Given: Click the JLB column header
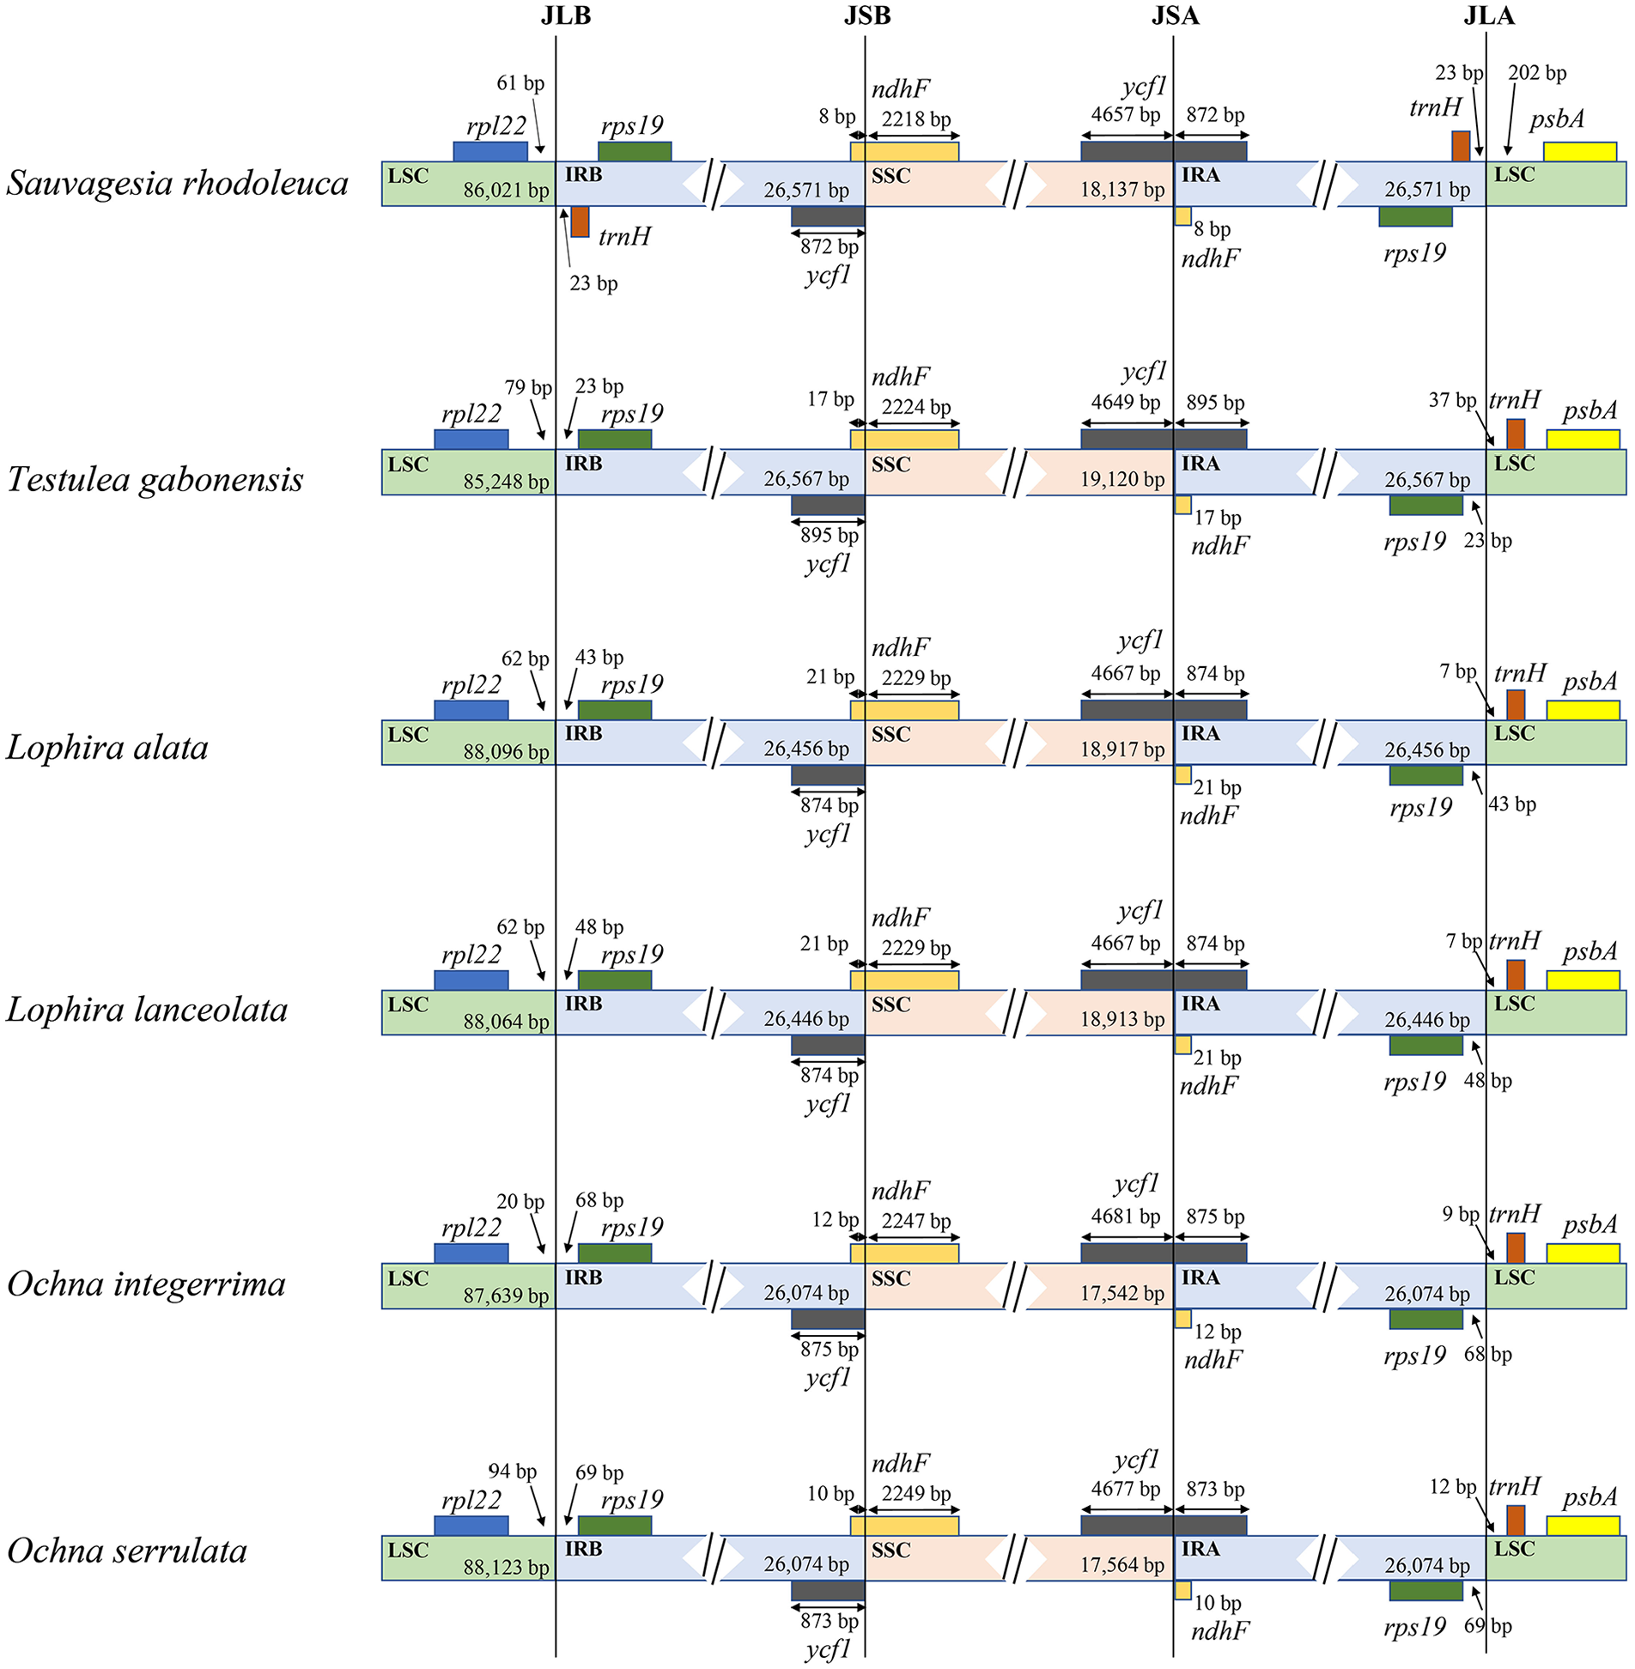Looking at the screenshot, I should click(565, 16).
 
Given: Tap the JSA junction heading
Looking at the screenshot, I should click(1175, 16).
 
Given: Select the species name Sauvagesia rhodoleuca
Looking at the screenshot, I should click(177, 183).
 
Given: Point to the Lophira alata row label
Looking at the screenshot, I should click(107, 748).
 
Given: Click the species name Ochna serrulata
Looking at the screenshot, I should click(127, 1551).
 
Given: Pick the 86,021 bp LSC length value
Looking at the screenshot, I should click(506, 191).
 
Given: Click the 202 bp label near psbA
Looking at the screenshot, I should click(1536, 74).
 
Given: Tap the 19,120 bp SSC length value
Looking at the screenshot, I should click(1121, 479).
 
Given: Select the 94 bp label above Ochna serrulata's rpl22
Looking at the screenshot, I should click(512, 1471).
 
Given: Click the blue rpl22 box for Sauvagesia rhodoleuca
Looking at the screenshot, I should click(490, 152).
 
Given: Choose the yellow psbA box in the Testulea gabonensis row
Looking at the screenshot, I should click(1583, 440).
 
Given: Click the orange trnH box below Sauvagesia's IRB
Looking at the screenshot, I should click(580, 222).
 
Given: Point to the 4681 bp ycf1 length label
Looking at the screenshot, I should click(1125, 1217).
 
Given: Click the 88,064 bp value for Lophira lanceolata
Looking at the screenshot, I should click(506, 1022).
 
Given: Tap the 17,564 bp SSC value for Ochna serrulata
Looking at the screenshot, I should click(1121, 1565).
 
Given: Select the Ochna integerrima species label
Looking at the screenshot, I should click(146, 1284).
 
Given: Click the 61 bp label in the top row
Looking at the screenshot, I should click(520, 83).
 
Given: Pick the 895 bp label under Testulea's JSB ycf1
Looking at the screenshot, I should click(829, 535).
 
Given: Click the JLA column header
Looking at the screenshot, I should click(1488, 16).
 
